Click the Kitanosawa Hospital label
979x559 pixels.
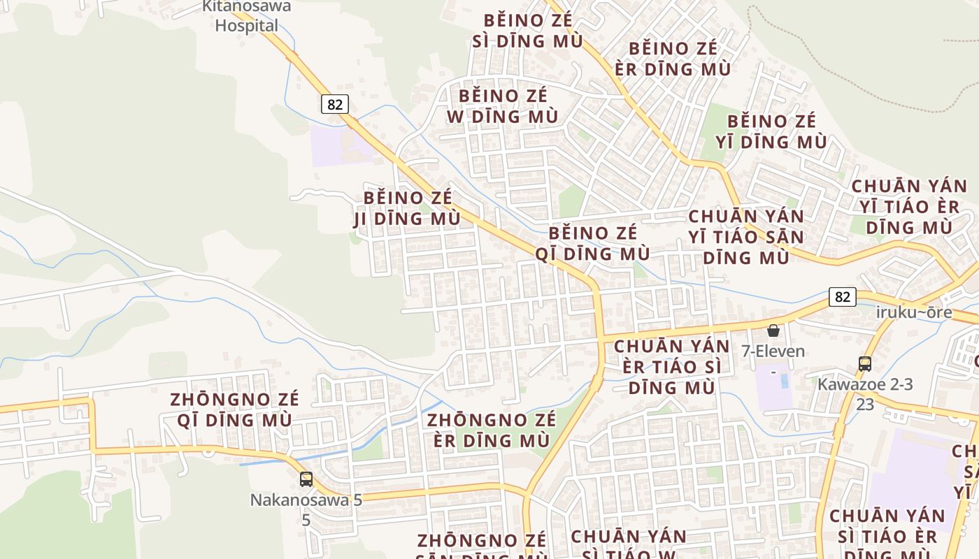pos(246,17)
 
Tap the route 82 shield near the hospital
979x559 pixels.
pos(335,105)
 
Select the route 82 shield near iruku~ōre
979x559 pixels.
pos(842,297)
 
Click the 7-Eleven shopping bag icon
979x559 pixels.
pos(773,331)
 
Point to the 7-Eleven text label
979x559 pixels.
pos(773,351)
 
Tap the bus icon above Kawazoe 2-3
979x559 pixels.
pos(865,363)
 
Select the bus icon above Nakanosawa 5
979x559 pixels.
pos(306,479)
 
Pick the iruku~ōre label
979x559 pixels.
pos(914,312)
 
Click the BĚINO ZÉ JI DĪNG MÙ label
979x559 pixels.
pos(408,208)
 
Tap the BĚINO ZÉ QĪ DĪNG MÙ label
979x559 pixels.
pos(593,243)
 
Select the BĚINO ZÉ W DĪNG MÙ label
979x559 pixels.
pos(503,106)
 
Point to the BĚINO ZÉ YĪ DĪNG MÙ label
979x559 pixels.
pos(771,131)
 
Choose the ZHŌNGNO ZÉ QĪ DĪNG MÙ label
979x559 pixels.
pos(234,410)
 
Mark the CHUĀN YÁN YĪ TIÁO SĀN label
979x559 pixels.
pos(746,236)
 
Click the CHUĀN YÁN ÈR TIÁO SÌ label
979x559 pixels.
pos(672,366)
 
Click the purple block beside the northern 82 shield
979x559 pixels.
pos(341,146)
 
